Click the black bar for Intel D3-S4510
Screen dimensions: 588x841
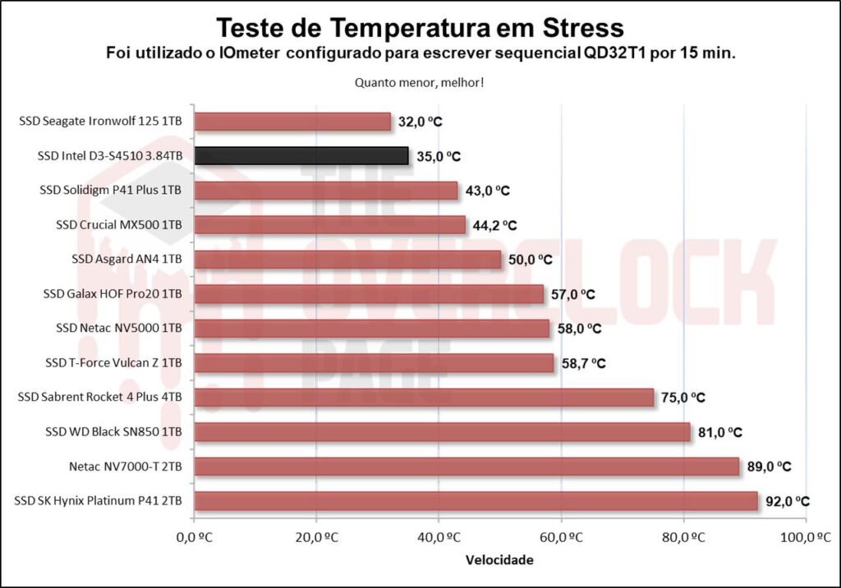(x=301, y=156)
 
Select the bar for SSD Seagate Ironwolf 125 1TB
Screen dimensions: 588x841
(x=292, y=122)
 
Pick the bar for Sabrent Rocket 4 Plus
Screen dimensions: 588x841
(x=424, y=397)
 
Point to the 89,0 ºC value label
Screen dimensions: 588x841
(x=769, y=466)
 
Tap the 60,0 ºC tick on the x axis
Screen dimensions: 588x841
(x=562, y=539)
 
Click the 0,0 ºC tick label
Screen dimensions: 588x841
(x=194, y=539)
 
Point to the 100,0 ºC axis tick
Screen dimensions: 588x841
(x=807, y=539)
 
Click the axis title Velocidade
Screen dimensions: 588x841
(x=499, y=561)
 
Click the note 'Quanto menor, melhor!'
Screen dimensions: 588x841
(x=419, y=82)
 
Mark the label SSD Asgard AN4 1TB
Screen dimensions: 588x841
(x=127, y=260)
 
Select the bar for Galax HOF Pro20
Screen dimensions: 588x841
(x=369, y=294)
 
